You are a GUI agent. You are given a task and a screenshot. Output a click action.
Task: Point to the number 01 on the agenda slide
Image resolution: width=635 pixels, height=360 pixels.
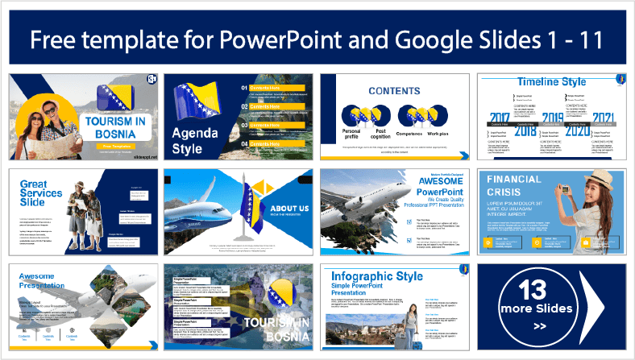click(246, 86)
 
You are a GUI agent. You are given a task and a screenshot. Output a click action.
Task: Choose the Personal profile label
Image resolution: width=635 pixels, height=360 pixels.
click(351, 134)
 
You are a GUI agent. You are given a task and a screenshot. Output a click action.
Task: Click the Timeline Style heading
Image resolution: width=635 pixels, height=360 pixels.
click(552, 82)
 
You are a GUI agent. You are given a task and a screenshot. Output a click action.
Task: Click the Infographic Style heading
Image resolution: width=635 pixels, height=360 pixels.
click(376, 276)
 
